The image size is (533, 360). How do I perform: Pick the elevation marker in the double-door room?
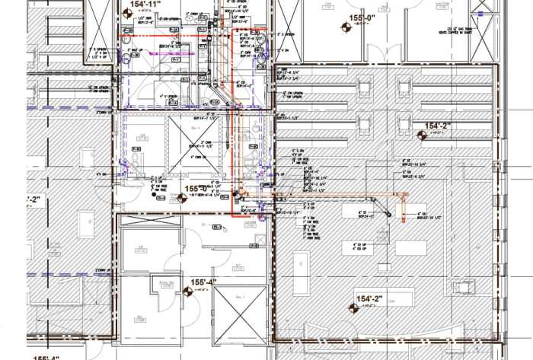coord(343,28)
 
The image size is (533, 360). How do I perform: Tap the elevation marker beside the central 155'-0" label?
coord(181,198)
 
